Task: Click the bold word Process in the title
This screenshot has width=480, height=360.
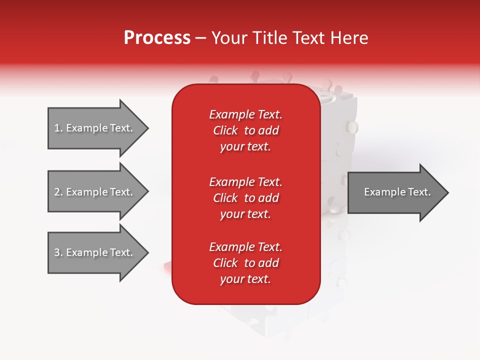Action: click(157, 38)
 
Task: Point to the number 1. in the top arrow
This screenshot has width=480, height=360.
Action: click(58, 128)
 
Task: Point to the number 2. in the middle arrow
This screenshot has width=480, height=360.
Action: click(58, 192)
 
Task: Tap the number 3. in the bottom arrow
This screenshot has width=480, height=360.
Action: click(58, 252)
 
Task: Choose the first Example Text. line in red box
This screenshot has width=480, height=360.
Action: click(245, 114)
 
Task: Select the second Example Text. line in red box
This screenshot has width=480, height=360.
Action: click(245, 181)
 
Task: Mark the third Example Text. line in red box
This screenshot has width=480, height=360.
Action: click(245, 247)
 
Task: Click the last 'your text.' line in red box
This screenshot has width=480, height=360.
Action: click(245, 279)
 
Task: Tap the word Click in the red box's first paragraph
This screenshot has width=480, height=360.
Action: click(225, 130)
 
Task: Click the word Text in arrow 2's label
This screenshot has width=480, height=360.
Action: click(120, 192)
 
